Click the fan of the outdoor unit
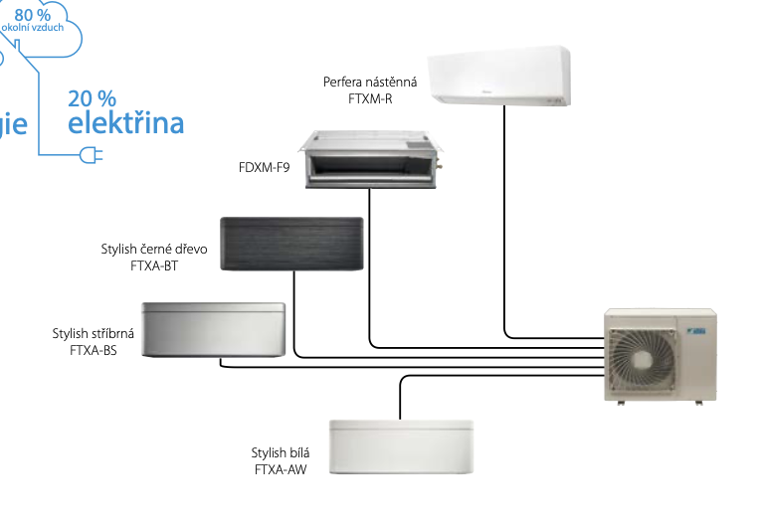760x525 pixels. [x=649, y=358]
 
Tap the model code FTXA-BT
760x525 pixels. [x=154, y=265]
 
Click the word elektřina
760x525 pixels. [x=125, y=123]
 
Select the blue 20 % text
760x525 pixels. [x=93, y=98]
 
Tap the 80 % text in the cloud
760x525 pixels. [x=33, y=14]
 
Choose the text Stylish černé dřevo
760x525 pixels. [x=154, y=249]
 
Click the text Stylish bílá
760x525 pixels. [x=281, y=452]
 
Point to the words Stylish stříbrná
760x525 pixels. [x=94, y=333]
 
